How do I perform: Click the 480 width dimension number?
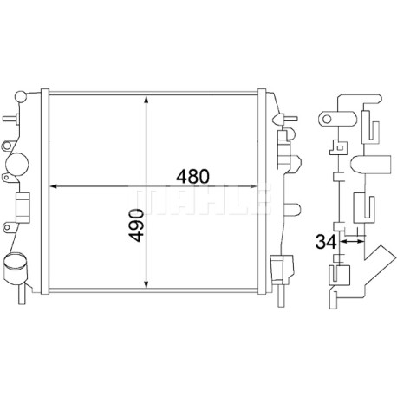[192, 177]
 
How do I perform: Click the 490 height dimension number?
[136, 225]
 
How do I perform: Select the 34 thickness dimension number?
[326, 242]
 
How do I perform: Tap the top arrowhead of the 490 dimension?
[146, 100]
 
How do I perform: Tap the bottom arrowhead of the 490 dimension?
[146, 284]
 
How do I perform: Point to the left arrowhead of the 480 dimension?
[54, 186]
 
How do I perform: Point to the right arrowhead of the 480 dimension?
[253, 186]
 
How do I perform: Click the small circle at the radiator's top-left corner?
[21, 96]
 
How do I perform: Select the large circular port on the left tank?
[16, 164]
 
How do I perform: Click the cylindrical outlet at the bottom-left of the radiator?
[14, 269]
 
